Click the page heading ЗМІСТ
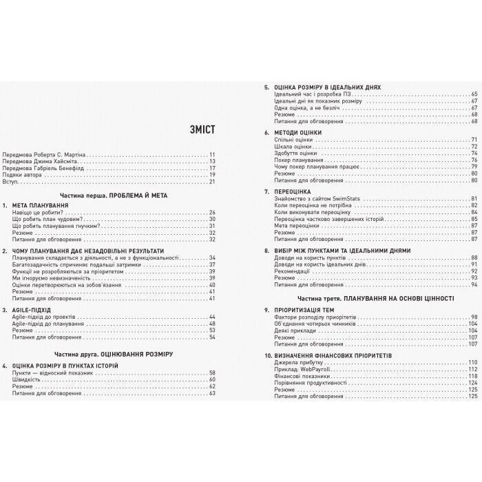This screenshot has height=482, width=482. [x=198, y=129]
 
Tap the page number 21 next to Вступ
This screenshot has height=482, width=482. [x=212, y=182]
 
